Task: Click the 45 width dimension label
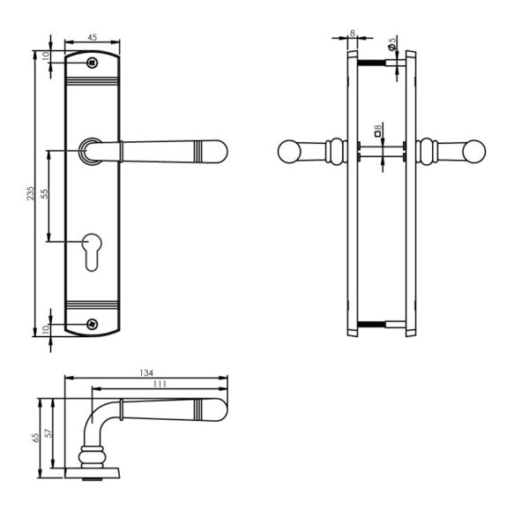click(x=92, y=37)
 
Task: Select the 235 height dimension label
click(x=30, y=193)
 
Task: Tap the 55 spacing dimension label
click(x=45, y=193)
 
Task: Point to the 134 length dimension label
click(x=146, y=372)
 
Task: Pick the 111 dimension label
click(x=160, y=384)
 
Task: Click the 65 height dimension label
click(x=35, y=438)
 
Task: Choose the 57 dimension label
click(x=48, y=433)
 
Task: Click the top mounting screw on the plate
click(x=92, y=63)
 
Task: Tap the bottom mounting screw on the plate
click(x=92, y=325)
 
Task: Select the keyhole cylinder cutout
click(x=92, y=251)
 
